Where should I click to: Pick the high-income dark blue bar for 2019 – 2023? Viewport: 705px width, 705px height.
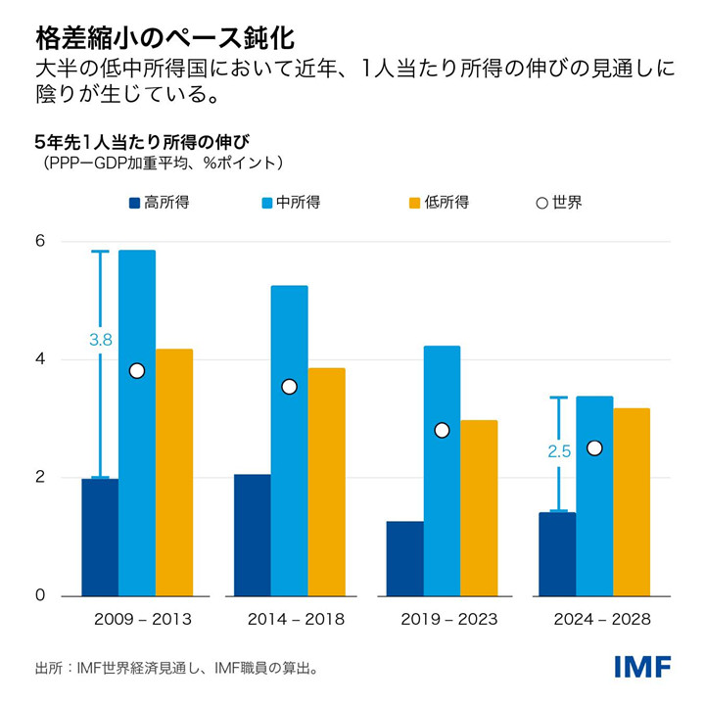coord(404,558)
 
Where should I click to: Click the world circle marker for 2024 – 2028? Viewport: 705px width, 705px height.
coord(594,447)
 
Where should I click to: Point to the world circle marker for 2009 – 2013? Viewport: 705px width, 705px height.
coord(137,370)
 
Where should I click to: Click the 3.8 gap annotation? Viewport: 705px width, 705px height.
coord(101,340)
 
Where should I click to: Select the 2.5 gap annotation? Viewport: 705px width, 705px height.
coord(559,451)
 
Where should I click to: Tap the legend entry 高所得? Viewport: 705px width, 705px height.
coord(159,203)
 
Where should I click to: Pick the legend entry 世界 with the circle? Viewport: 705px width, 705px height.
coord(559,203)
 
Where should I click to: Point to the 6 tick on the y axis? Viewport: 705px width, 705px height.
coord(40,242)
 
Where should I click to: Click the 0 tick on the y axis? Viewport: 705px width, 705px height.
coord(40,596)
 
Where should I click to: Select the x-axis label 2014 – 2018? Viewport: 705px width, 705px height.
coord(290,620)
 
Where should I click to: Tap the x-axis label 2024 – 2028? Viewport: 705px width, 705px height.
coord(595,620)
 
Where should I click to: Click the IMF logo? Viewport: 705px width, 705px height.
coord(642,668)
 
